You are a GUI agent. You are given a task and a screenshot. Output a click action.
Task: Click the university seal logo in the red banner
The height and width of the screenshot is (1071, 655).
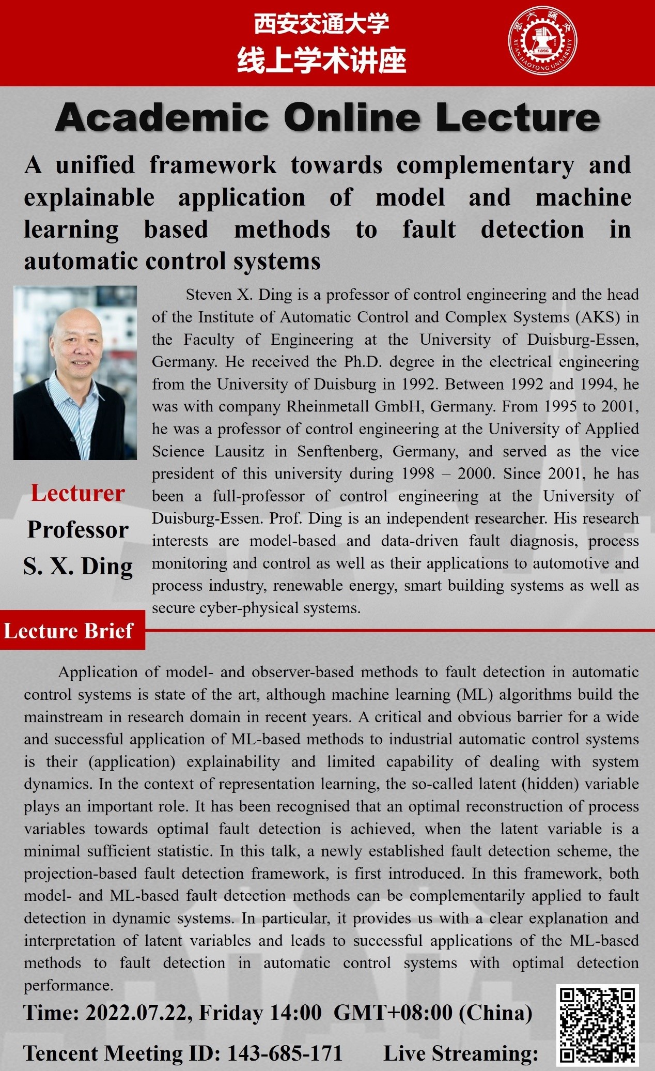click(542, 42)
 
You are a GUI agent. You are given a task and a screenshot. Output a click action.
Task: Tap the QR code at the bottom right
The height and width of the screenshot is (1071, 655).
click(597, 1025)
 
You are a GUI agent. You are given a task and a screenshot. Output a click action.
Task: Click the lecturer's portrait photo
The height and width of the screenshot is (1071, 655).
click(75, 373)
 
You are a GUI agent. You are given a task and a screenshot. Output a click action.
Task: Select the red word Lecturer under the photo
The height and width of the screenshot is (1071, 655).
click(77, 493)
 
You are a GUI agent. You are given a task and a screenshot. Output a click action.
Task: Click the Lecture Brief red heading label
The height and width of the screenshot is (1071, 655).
click(69, 631)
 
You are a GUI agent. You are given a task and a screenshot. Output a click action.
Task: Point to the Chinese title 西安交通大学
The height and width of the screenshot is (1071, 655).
click(321, 24)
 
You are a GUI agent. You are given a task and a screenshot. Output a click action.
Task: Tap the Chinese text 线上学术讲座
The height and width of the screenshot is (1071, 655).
click(321, 60)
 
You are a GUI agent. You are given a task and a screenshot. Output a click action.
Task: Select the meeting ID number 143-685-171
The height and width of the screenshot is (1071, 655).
click(285, 1053)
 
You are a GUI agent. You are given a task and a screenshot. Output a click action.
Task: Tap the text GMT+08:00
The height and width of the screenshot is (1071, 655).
click(393, 1012)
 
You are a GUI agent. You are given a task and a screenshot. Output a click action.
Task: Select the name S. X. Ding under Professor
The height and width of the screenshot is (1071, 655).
click(77, 566)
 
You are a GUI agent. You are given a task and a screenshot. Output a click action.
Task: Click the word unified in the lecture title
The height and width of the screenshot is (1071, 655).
click(95, 165)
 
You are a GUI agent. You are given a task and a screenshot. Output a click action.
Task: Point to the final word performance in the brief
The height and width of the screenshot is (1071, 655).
click(69, 985)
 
